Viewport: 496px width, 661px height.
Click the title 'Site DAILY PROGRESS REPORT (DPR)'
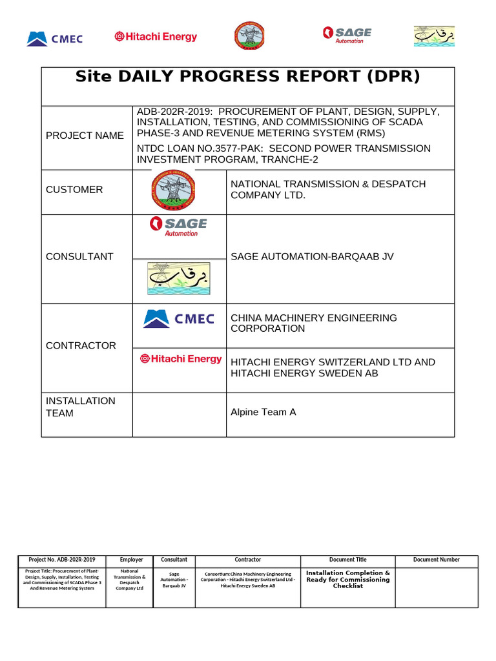point(247,77)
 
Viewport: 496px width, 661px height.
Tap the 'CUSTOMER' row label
point(74,190)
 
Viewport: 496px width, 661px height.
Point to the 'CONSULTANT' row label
point(79,257)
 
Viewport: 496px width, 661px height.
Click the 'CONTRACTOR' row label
point(81,346)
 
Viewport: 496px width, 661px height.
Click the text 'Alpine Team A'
point(263,412)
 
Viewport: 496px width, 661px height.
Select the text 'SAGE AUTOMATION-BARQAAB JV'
point(312,257)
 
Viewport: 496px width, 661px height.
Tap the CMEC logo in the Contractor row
point(178,319)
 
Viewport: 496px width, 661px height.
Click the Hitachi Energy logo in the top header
point(156,37)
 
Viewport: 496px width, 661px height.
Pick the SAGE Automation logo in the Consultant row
point(178,227)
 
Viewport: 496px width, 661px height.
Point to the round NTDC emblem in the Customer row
point(174,190)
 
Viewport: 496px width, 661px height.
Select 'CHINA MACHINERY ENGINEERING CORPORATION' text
point(314,323)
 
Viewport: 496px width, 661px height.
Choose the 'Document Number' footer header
point(437,560)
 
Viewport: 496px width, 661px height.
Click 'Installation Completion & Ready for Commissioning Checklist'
point(348,580)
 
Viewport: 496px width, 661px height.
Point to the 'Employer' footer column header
point(132,560)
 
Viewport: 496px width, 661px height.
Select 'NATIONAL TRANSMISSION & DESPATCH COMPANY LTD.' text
point(328,190)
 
